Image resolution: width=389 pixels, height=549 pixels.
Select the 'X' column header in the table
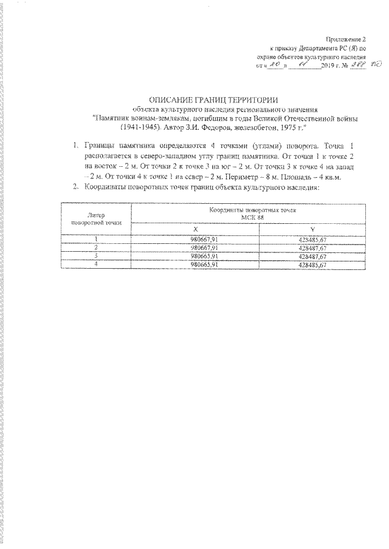[x=196, y=229]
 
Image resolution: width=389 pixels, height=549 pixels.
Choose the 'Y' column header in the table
[x=311, y=229]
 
